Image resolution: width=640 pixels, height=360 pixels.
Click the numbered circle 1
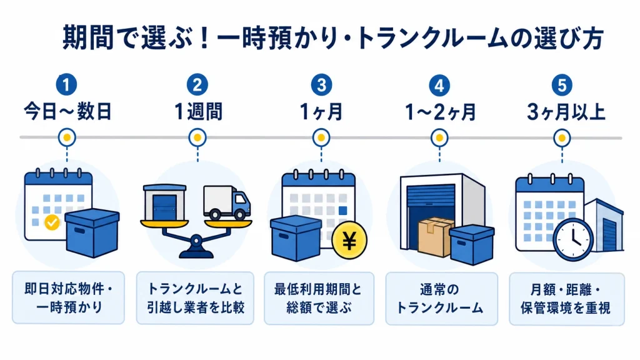coord(66,84)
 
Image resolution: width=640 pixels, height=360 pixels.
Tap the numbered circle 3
coord(322,84)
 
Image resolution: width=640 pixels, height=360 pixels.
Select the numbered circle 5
coord(562,85)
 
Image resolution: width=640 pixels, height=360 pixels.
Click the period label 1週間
coord(198,111)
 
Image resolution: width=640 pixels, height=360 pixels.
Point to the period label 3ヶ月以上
coord(566,112)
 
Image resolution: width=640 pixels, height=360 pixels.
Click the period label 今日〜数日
coord(67,111)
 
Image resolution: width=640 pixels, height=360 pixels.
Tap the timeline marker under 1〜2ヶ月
coord(439,138)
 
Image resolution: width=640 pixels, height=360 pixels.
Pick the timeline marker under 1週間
coord(197,138)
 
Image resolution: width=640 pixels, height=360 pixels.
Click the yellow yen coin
coord(349,241)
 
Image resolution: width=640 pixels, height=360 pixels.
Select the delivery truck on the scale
coord(227,203)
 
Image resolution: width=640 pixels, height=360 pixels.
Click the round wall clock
coord(572,239)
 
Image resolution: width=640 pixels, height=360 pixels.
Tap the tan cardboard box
coord(436,237)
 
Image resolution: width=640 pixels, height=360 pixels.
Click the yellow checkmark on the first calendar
coord(52,222)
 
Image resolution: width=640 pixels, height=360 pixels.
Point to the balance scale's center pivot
coord(196,241)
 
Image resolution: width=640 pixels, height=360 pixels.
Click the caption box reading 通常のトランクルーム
coord(442,299)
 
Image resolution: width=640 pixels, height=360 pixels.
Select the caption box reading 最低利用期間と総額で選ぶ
coord(319,299)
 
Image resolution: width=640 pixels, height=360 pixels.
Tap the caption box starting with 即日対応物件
coord(69,298)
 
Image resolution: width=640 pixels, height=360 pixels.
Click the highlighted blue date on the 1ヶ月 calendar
coord(343,211)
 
